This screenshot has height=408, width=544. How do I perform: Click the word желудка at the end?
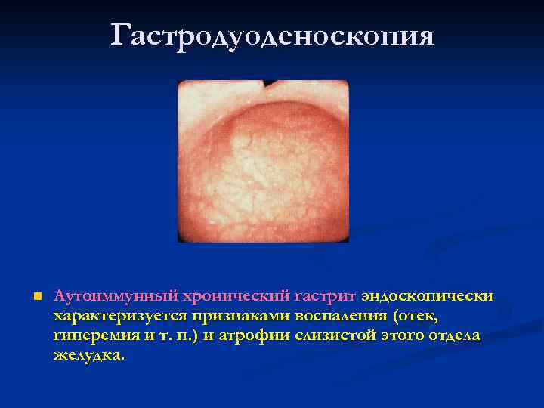[x=87, y=355]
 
